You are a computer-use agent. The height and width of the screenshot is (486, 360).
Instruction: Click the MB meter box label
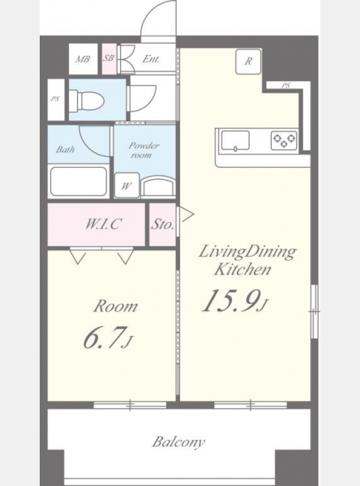point(83,59)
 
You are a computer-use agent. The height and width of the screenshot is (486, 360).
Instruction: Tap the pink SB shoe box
point(109,59)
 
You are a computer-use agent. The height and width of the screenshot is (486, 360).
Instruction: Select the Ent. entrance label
point(151,59)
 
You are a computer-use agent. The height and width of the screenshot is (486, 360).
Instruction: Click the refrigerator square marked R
point(248,62)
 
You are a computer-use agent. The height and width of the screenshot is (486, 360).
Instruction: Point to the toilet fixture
point(86,100)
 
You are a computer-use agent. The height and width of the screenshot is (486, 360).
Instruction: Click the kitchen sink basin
point(235,141)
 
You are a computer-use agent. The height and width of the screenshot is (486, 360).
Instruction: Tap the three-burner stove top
point(284,140)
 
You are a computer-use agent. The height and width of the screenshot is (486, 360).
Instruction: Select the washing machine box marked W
point(126,185)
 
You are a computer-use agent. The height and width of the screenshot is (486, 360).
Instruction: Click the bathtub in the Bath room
point(79,182)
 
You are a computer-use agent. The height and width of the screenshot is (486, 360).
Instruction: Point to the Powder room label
point(143,151)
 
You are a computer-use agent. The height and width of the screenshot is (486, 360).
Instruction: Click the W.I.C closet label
point(103,224)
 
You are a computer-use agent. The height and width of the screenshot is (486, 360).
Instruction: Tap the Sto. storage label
point(162,224)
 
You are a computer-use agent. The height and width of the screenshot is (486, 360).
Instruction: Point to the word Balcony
point(178,442)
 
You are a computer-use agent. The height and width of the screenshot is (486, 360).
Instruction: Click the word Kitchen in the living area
point(242,270)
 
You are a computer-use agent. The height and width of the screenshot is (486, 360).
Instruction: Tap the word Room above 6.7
point(115,306)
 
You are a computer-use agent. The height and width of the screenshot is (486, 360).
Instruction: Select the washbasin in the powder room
point(158,186)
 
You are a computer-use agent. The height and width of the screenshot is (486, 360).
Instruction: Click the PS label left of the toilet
point(55,100)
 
